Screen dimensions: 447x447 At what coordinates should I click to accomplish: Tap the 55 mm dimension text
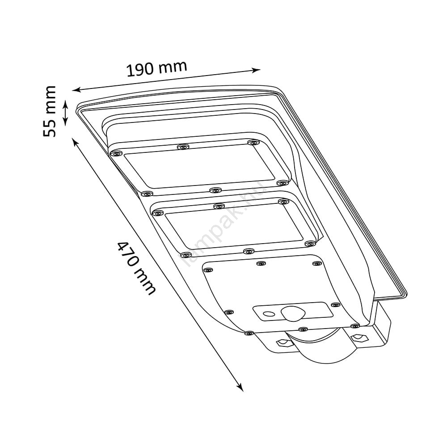(x=50, y=111)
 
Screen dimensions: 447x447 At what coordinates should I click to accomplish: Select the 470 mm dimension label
(x=136, y=268)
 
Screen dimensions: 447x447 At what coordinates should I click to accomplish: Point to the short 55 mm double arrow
(x=66, y=113)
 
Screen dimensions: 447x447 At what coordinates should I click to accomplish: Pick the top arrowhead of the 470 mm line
(x=76, y=142)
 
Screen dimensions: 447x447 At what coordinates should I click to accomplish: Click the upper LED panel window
(x=199, y=166)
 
